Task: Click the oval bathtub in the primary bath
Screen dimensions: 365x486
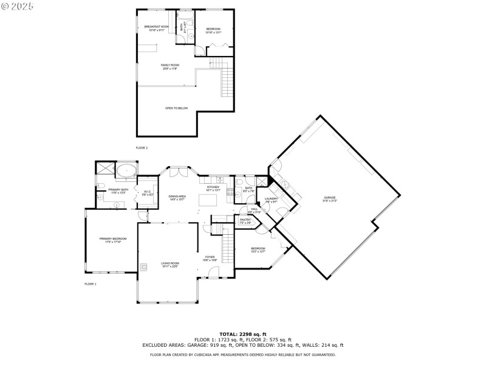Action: [126, 170]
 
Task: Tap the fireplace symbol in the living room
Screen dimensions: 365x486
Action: [144, 266]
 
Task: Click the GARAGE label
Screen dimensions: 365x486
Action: [330, 198]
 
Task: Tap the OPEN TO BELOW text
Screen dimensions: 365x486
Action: [177, 108]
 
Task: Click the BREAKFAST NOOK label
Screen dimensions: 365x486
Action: [156, 27]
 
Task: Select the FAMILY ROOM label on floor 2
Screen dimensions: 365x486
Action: [169, 65]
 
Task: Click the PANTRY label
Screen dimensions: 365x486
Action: [245, 220]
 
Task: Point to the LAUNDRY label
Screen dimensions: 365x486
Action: [271, 198]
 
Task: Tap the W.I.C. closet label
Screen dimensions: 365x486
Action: [147, 192]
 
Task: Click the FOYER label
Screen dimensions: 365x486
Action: [210, 257]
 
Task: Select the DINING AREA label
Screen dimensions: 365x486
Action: [177, 196]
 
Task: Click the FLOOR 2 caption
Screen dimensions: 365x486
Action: [142, 148]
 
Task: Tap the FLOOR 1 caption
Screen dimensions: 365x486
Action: [90, 284]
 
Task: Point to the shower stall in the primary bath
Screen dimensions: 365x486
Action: [104, 169]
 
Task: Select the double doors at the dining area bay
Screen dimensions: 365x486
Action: [177, 173]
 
